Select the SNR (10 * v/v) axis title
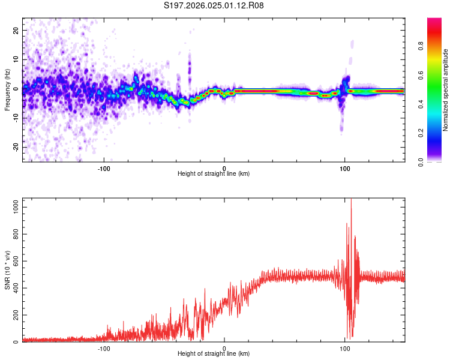tap(7, 270)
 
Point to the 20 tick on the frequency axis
tap(16, 30)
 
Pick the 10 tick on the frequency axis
tap(16, 59)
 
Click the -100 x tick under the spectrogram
tap(104, 168)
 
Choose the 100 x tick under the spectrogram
tap(344, 168)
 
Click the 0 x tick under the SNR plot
tap(224, 348)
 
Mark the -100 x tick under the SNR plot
tap(104, 348)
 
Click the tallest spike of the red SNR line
tap(351, 201)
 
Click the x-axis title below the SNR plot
tap(214, 354)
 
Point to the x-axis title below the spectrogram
tap(214, 174)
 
